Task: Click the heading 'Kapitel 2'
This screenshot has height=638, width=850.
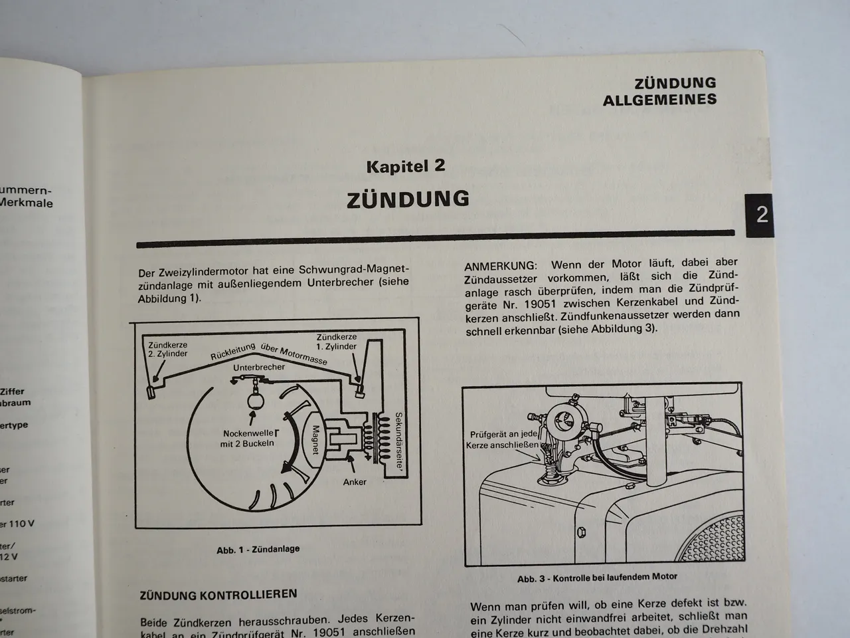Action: pos(406,166)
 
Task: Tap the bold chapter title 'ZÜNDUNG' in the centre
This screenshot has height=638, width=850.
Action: pos(408,199)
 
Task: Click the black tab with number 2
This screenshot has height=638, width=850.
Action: pos(762,215)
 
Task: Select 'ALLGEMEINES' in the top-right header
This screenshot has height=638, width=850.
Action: pos(659,100)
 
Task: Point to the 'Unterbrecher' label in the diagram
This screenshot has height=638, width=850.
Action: pos(259,367)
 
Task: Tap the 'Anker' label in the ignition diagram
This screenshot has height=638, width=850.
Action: pos(355,482)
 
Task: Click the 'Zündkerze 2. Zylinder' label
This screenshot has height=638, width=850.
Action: pos(167,350)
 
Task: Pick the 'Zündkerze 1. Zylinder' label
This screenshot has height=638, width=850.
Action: pos(336,342)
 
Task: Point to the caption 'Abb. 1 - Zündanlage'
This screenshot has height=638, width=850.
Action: pos(258,549)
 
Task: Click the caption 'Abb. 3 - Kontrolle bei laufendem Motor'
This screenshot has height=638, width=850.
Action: pos(597,577)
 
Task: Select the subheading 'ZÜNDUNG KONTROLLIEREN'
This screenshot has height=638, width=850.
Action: pos(218,595)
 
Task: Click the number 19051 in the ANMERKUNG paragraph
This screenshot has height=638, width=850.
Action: pos(537,300)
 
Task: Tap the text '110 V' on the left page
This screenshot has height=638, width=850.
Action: pos(21,524)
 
